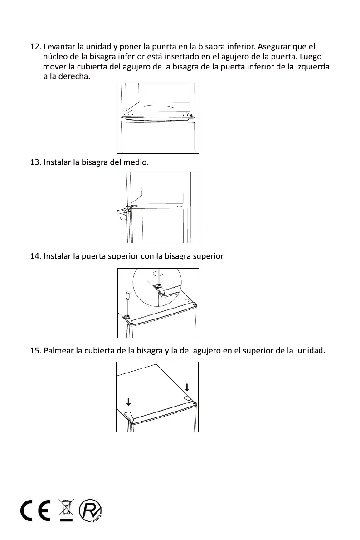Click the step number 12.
pos(34,47)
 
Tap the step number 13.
pos(34,162)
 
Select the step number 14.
pos(34,256)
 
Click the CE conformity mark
pos(37,511)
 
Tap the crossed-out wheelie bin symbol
pos(66,511)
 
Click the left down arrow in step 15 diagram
pos(129,401)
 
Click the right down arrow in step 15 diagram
pos(187,387)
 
